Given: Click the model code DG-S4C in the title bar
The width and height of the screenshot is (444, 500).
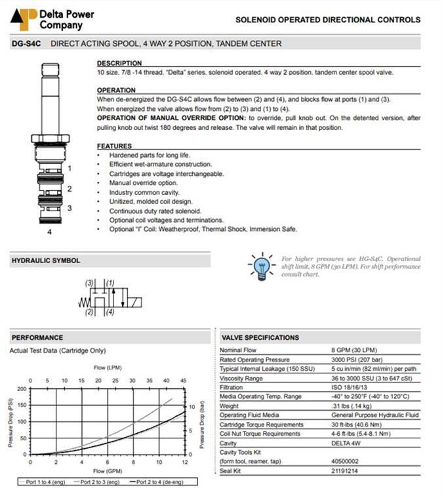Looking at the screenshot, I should coord(26,44).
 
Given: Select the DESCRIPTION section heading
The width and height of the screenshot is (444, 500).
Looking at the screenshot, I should coord(119,63).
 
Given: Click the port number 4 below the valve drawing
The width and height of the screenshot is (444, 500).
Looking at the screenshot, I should coord(49,231).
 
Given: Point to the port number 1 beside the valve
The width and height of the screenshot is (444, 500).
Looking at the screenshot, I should coord(70,168).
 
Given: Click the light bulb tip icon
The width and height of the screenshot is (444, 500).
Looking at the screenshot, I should coord(262,265).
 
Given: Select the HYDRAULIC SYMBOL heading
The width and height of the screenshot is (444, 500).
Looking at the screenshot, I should coord(46,260).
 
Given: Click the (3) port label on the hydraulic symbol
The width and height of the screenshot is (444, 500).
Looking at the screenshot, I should coord(89,283).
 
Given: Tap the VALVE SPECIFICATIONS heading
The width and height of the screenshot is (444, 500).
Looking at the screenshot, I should coord(260,337).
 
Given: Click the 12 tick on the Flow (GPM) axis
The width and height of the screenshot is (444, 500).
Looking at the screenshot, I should coord(184,463).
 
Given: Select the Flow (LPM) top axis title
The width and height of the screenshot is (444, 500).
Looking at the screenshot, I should coord(108,367).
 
